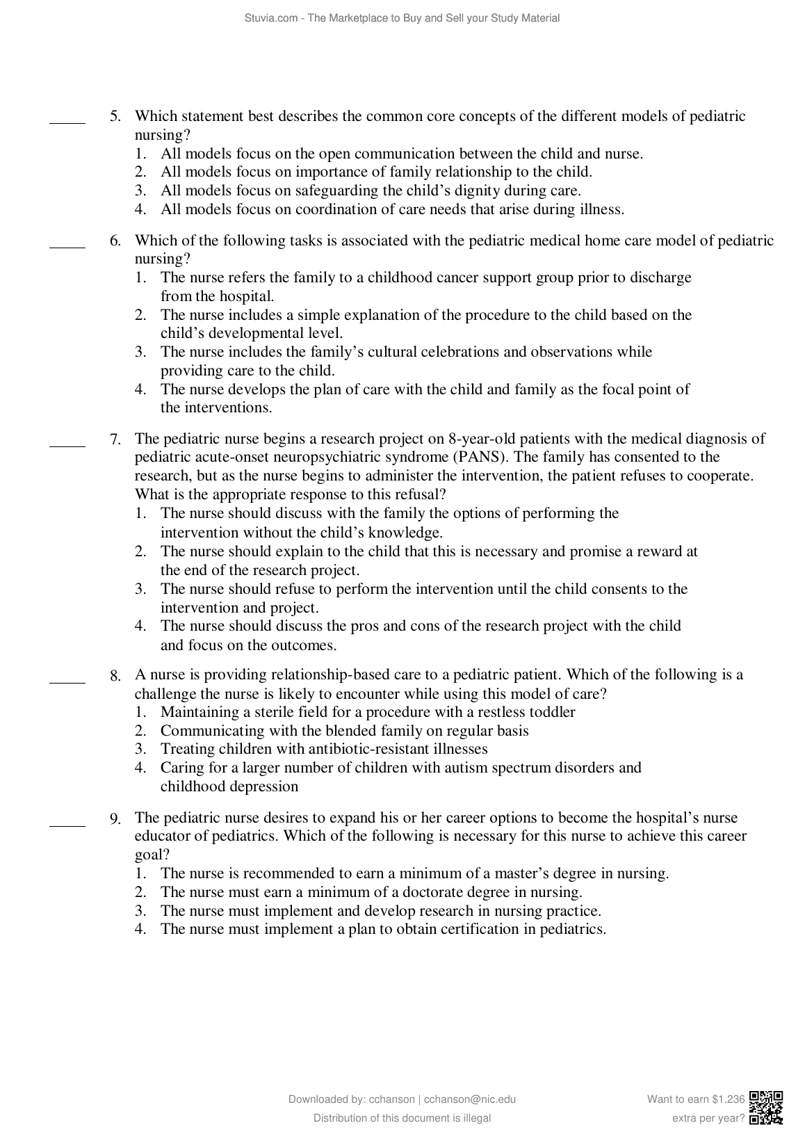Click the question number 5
pos(115,117)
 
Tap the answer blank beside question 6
pos(67,245)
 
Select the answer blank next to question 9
pos(67,825)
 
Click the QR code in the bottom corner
pos(767,1108)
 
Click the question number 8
pos(115,675)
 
